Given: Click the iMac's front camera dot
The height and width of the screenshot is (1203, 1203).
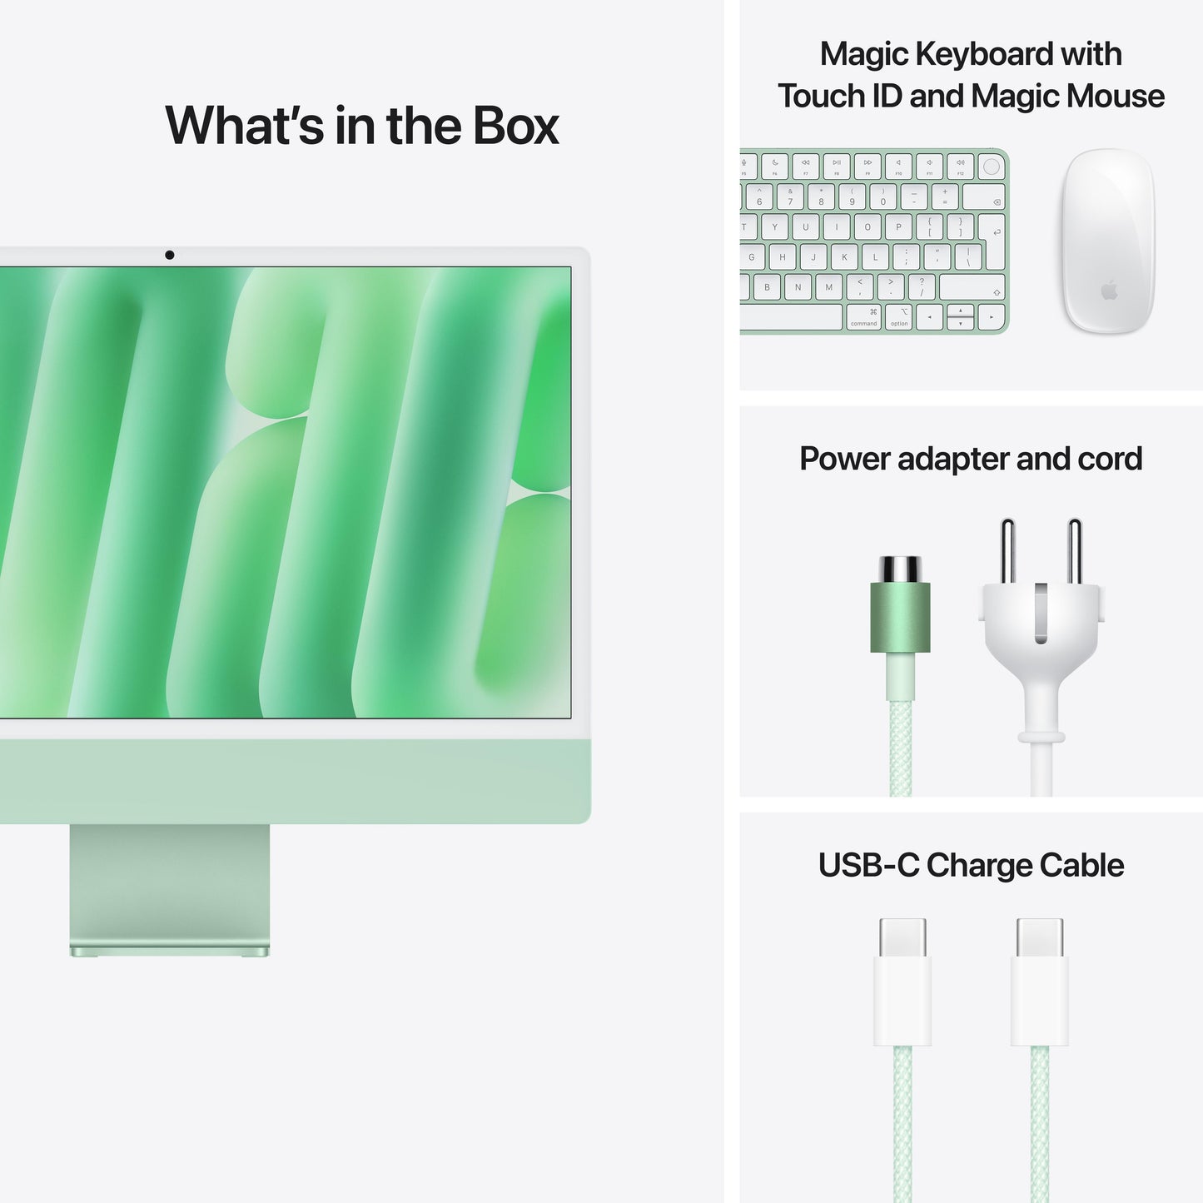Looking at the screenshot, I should (x=170, y=255).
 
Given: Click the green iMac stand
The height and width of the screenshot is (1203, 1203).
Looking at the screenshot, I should (x=169, y=887).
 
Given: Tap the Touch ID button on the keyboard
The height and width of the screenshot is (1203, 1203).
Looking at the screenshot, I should (x=991, y=167).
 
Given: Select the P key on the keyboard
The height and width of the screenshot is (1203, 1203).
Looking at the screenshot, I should (x=898, y=226).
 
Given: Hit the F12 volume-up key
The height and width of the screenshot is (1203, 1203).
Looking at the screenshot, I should (x=960, y=166).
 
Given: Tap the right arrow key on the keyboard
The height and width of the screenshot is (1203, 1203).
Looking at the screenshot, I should (x=991, y=317).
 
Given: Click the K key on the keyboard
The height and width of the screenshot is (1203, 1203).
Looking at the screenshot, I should (x=844, y=257).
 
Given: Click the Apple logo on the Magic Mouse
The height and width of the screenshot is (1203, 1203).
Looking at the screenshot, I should (x=1109, y=291).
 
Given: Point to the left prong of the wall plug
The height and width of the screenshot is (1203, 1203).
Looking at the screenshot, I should (x=1007, y=550).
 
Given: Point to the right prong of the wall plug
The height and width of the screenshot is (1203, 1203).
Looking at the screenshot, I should (x=1075, y=550).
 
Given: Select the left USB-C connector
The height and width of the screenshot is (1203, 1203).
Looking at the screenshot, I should (x=902, y=982).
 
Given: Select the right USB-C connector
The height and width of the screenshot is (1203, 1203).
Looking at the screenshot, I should (x=1040, y=982).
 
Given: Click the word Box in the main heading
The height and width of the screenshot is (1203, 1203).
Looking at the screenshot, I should (x=516, y=127).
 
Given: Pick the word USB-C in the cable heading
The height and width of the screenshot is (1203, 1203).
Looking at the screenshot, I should (x=868, y=866).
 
